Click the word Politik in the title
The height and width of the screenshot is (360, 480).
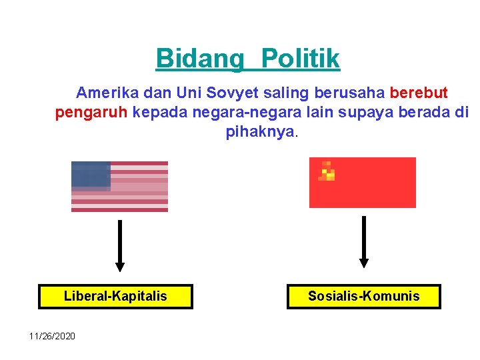click(301, 59)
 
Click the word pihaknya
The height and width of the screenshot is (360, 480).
click(260, 132)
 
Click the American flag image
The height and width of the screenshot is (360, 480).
click(120, 187)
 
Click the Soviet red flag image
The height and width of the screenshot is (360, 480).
click(362, 183)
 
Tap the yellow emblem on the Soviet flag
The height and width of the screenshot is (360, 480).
click(327, 172)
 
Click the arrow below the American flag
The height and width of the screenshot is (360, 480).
click(120, 245)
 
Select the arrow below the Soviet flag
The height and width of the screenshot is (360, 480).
click(363, 241)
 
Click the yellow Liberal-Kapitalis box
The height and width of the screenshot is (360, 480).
click(115, 296)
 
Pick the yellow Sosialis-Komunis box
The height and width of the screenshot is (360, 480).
click(363, 296)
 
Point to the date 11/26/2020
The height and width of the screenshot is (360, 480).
click(52, 335)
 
